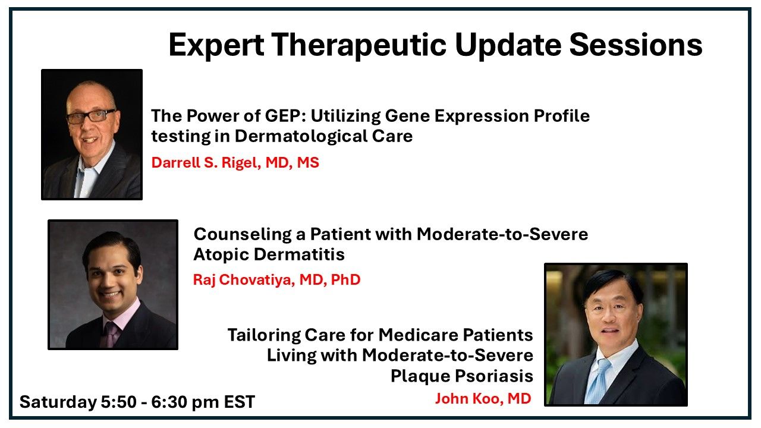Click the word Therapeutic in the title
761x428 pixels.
click(359, 45)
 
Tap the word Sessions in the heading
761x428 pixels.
click(636, 45)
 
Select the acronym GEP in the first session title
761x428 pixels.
click(282, 116)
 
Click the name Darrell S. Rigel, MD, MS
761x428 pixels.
click(235, 162)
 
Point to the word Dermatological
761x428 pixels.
click(300, 136)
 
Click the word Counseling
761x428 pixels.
click(243, 235)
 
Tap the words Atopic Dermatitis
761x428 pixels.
click(269, 254)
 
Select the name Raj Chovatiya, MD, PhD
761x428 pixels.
click(276, 280)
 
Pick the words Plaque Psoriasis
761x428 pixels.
click(462, 376)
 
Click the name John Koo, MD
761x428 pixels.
click(483, 398)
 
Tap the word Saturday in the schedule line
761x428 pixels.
click(58, 402)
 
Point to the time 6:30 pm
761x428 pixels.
click(185, 402)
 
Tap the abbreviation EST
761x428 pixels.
click(239, 402)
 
